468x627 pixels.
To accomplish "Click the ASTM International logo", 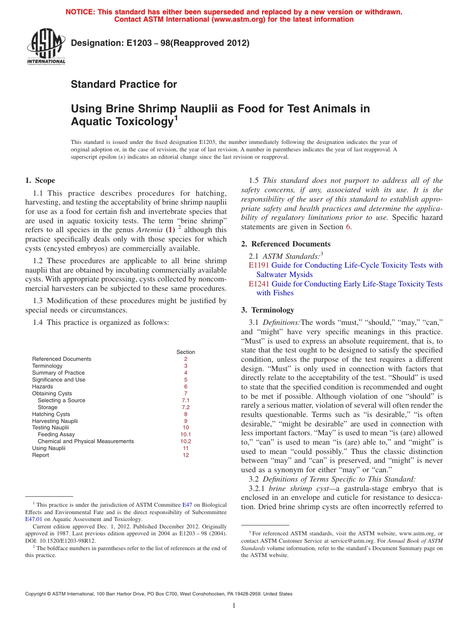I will click(x=46, y=47).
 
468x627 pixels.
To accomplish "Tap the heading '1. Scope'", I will click(x=40, y=180).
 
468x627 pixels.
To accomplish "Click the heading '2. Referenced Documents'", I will click(x=286, y=244).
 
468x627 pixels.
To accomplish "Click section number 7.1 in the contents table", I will click(x=185, y=401).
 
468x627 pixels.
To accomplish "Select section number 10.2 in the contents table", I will click(x=185, y=442).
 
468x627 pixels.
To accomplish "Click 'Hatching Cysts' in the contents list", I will click(x=51, y=415).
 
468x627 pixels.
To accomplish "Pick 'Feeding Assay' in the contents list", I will click(x=56, y=435).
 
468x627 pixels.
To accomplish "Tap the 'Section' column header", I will click(x=186, y=352).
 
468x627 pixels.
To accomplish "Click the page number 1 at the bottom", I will click(x=234, y=606).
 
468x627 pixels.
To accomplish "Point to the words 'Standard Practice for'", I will click(x=124, y=84).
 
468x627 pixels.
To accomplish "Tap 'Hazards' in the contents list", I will click(x=42, y=387).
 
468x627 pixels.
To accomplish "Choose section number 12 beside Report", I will click(x=186, y=455).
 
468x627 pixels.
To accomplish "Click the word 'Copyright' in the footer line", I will click(x=37, y=594).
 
